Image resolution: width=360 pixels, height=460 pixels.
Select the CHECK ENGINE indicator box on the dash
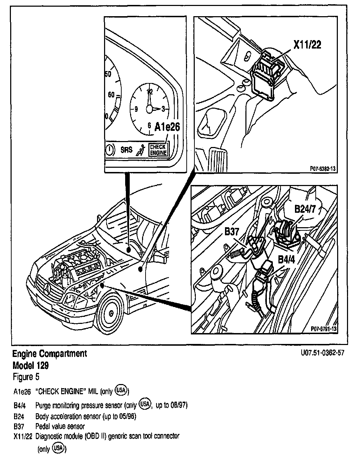pos(158,149)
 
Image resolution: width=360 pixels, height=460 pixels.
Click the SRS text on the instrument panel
pos(127,150)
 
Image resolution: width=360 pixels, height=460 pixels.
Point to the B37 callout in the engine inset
pos(232,232)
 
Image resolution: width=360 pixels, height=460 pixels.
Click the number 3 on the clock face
pos(163,109)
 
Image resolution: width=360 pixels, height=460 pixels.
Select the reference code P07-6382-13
pos(322,169)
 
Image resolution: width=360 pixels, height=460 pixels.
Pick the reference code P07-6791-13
pos(324,328)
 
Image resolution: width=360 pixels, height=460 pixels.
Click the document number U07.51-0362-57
pos(322,353)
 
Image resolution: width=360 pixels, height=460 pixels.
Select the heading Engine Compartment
pos(50,354)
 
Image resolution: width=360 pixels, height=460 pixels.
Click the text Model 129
pos(31,365)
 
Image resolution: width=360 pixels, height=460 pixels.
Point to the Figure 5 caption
pos(26,377)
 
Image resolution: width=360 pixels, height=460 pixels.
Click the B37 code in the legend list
pos(19,427)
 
